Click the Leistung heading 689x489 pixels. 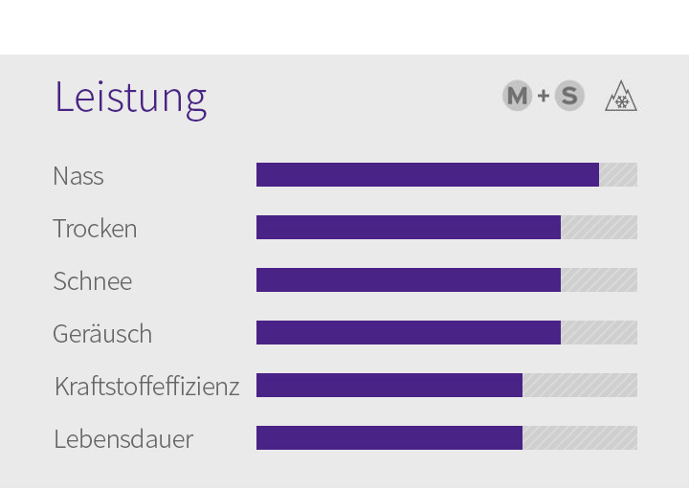tap(130, 97)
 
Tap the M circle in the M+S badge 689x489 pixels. tap(517, 96)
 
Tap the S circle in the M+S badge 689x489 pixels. tap(569, 96)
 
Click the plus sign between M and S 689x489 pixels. tap(544, 96)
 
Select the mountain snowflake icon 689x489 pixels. tap(621, 97)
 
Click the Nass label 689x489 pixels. tap(78, 176)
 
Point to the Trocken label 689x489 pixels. tap(95, 229)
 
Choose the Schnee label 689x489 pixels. tap(93, 281)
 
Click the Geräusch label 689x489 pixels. tap(102, 334)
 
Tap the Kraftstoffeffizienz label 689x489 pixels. tap(146, 387)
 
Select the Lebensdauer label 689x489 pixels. tap(123, 439)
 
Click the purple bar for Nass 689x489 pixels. tap(427, 175)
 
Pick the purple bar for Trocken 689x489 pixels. tap(408, 228)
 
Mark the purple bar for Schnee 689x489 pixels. tap(408, 280)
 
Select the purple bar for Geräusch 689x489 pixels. tap(408, 333)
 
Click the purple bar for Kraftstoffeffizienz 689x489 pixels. tap(389, 386)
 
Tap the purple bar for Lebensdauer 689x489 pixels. tap(389, 438)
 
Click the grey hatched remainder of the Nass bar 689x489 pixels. tap(618, 175)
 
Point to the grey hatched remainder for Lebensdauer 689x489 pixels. tap(580, 438)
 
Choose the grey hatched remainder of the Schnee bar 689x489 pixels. tap(599, 280)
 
